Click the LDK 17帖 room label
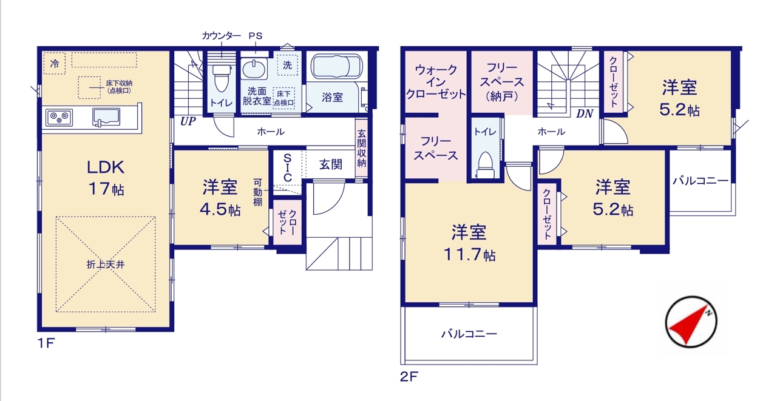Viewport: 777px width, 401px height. point(106,178)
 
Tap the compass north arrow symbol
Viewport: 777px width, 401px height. point(691,322)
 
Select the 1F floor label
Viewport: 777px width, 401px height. point(46,343)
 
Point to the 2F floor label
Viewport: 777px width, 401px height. point(409,376)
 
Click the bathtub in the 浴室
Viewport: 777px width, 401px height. point(336,67)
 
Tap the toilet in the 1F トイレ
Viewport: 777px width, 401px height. point(222,78)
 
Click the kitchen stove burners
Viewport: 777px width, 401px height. point(59,118)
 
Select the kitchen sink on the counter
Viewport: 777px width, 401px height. point(106,117)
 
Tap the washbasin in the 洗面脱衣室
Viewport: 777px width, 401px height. point(254,69)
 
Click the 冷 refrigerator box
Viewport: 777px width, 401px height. point(55,63)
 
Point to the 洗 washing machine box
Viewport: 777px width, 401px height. point(288,65)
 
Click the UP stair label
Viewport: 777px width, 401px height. point(188,121)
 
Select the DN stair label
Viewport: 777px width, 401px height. point(585,113)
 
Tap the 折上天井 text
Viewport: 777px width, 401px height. point(106,265)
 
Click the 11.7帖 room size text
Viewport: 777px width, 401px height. point(469,255)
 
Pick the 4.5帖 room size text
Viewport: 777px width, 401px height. point(220,209)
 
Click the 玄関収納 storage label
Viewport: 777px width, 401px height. point(361,149)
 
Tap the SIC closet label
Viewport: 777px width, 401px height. point(288,168)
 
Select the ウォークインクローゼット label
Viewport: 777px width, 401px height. point(436,82)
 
